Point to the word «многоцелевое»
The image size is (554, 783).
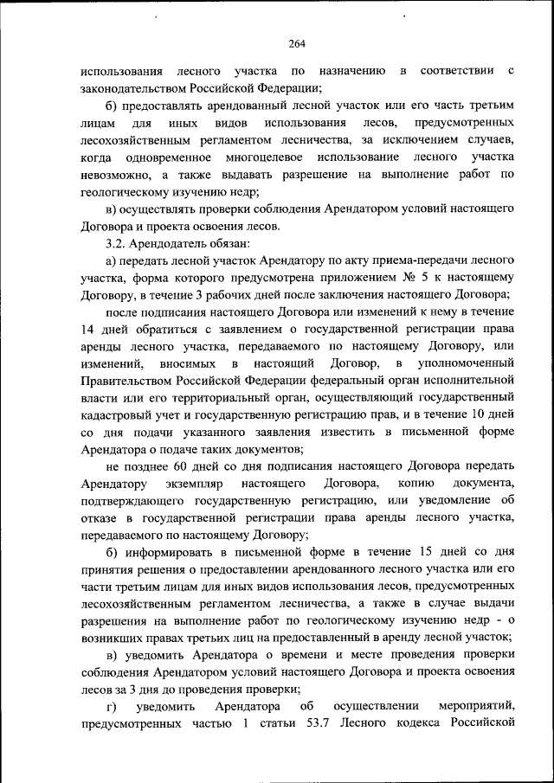(262, 157)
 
